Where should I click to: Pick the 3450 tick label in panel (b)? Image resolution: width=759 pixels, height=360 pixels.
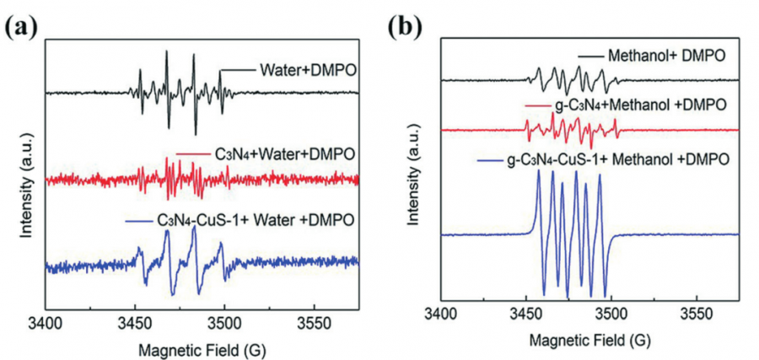pyautogui.click(x=525, y=321)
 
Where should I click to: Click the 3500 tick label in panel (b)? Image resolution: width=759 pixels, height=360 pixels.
pyautogui.click(x=611, y=321)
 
